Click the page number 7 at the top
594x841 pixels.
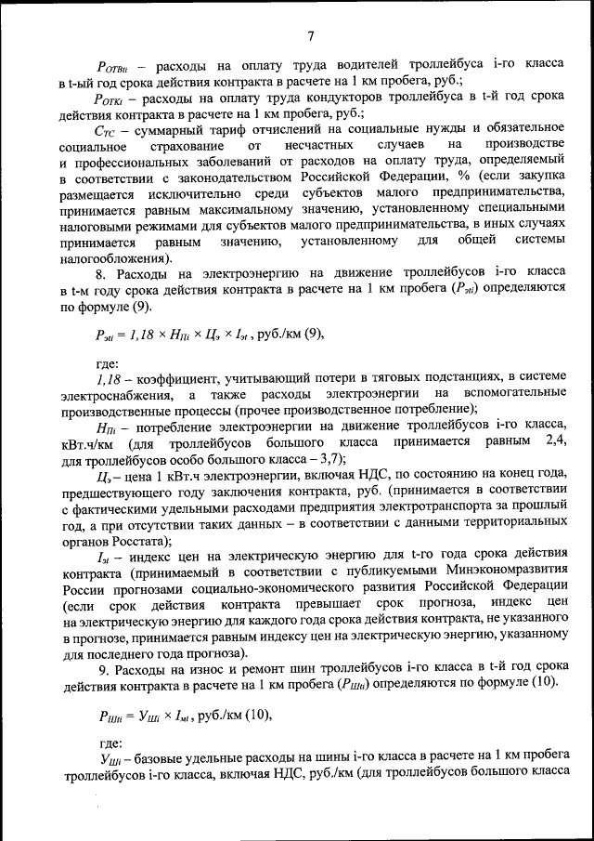[x=311, y=36]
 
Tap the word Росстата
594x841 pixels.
[x=157, y=542]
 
